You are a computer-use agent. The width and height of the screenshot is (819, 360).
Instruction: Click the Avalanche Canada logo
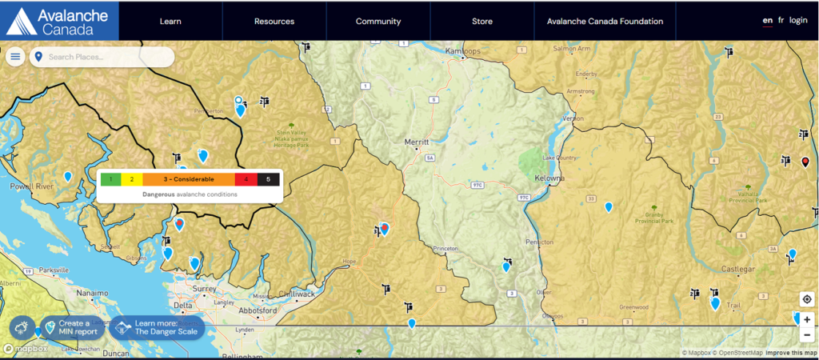pyautogui.click(x=59, y=21)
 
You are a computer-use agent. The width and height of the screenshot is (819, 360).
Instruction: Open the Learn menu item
pyautogui.click(x=170, y=22)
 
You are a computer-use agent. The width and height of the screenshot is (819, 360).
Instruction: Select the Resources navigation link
pyautogui.click(x=274, y=22)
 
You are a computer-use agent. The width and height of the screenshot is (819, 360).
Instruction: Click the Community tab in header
pyautogui.click(x=378, y=22)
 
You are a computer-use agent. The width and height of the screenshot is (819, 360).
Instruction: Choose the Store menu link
pyautogui.click(x=482, y=22)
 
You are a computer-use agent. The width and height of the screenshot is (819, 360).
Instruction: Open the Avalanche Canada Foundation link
pyautogui.click(x=605, y=22)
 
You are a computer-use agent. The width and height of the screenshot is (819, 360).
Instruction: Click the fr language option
pyautogui.click(x=781, y=21)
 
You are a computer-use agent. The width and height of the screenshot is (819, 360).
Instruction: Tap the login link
pyautogui.click(x=798, y=21)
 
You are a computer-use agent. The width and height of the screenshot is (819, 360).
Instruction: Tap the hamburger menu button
pyautogui.click(x=15, y=57)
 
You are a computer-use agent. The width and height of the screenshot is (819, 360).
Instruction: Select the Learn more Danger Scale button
pyautogui.click(x=158, y=327)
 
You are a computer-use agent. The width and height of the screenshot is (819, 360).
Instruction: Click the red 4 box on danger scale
pyautogui.click(x=246, y=179)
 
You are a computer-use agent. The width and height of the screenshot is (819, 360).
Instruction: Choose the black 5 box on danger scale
pyautogui.click(x=269, y=179)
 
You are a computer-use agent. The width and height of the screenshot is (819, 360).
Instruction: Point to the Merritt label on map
pyautogui.click(x=417, y=142)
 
